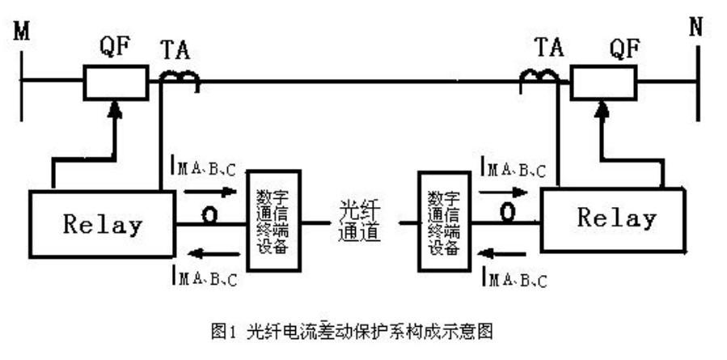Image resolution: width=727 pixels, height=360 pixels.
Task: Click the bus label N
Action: (697, 26)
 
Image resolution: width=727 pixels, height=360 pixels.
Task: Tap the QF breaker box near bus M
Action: (116, 82)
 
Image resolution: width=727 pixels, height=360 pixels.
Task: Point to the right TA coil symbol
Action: (539, 78)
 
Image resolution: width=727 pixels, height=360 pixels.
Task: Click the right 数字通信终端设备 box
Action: (442, 219)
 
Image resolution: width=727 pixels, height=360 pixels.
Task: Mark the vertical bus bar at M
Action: (22, 82)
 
